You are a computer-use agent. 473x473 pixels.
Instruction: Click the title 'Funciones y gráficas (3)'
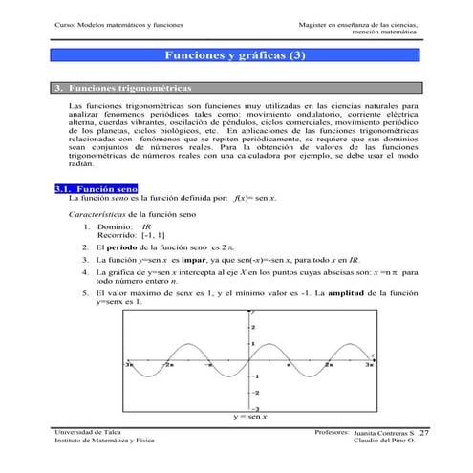pos(236,57)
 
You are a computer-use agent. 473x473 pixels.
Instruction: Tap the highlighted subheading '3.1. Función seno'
pos(101,190)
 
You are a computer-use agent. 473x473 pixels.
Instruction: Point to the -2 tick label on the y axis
pos(254,392)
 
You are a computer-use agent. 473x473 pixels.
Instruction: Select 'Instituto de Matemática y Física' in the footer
pos(108,442)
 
